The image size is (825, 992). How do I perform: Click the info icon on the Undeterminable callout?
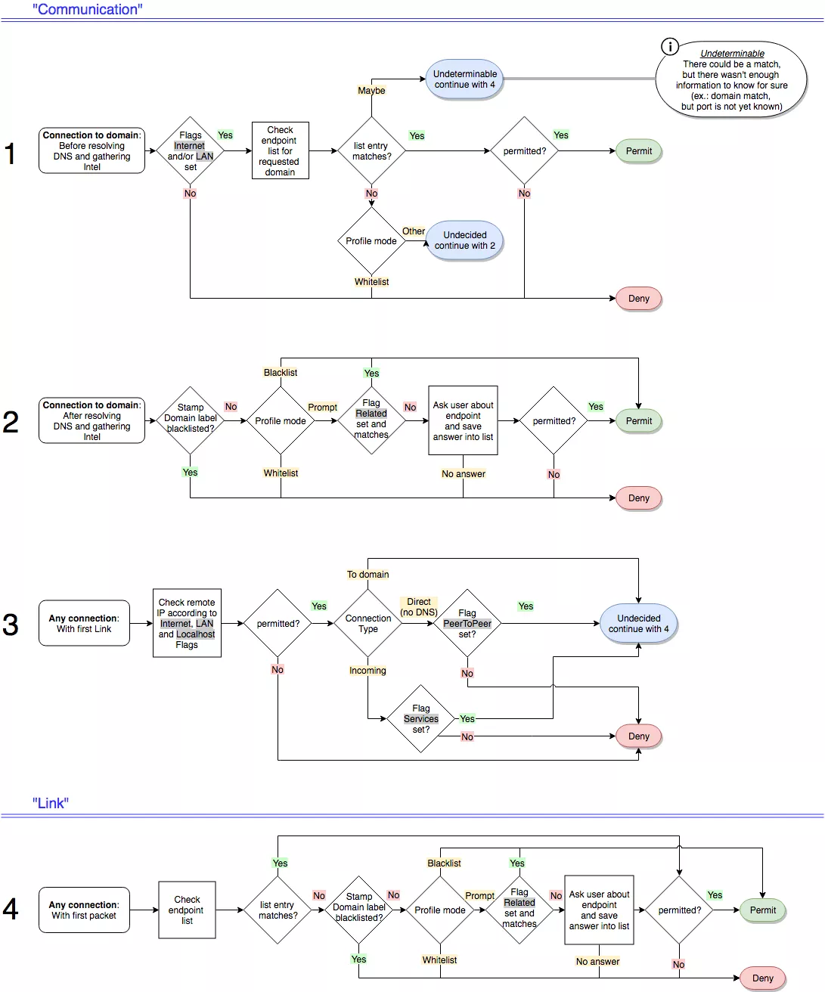(670, 47)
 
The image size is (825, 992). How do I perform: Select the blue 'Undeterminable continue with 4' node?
(464, 79)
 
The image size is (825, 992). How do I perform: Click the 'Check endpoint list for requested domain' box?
(280, 151)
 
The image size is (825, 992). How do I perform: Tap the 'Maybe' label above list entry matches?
(371, 91)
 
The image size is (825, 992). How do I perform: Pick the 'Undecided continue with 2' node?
(464, 240)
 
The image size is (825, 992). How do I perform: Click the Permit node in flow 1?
(638, 151)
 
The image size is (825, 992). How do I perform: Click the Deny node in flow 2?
(638, 498)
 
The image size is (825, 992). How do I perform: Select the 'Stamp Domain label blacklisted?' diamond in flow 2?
(191, 420)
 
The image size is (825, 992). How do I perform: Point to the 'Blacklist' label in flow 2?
(281, 373)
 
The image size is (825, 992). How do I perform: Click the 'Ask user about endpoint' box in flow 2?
(463, 421)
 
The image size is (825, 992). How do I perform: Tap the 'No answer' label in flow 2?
(464, 474)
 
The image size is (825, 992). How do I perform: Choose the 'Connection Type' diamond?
(368, 624)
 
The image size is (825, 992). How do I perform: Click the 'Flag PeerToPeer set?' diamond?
(467, 624)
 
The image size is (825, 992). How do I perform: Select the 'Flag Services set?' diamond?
(421, 719)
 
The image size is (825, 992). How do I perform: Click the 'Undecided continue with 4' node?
(638, 624)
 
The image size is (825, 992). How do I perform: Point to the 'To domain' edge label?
(368, 575)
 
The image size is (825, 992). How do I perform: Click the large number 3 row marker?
(11, 625)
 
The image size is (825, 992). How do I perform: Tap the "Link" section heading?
(51, 803)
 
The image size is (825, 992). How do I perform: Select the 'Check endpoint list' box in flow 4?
(187, 910)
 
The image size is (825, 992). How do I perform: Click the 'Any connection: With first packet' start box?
(84, 910)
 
